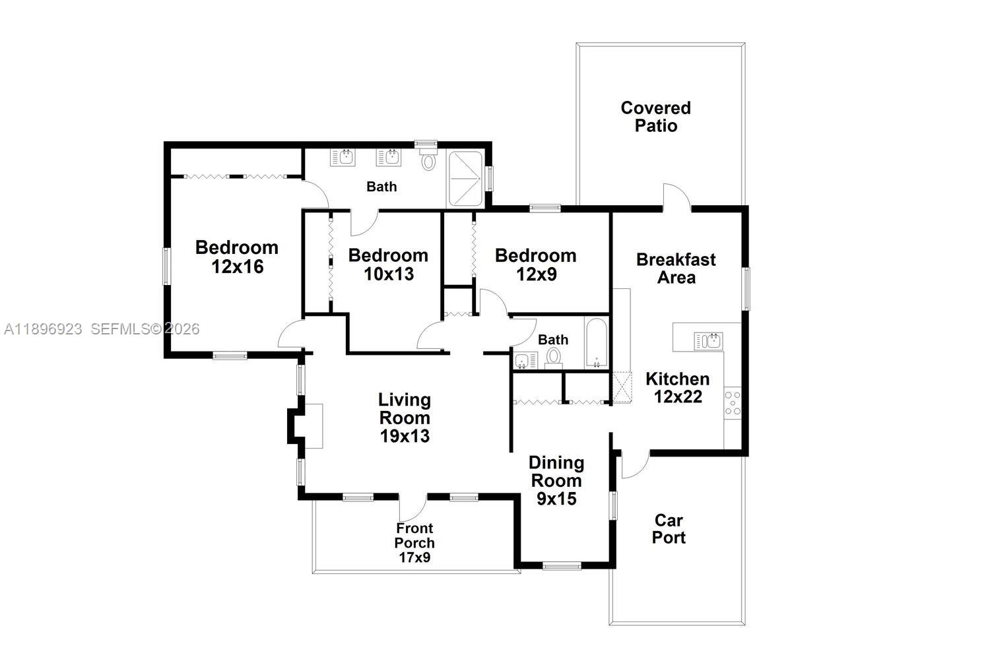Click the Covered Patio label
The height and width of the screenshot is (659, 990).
[655, 117]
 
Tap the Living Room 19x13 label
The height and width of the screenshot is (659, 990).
[405, 418]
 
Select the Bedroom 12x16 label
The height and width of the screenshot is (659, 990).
[237, 257]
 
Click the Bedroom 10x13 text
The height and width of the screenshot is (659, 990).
[388, 265]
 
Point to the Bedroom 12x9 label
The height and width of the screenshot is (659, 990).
[535, 265]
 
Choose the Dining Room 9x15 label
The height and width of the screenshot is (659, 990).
[556, 481]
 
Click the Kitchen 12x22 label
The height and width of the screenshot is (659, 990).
[677, 388]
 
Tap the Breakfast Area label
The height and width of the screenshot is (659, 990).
[676, 268]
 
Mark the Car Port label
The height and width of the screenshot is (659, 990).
[669, 529]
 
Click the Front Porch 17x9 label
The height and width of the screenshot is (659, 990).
[414, 542]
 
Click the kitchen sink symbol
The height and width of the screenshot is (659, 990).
[708, 340]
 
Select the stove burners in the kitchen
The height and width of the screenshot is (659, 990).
[733, 403]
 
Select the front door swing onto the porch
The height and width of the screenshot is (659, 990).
[412, 507]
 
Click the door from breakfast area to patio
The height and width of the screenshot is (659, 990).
[676, 197]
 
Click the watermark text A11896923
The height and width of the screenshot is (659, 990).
[43, 329]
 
